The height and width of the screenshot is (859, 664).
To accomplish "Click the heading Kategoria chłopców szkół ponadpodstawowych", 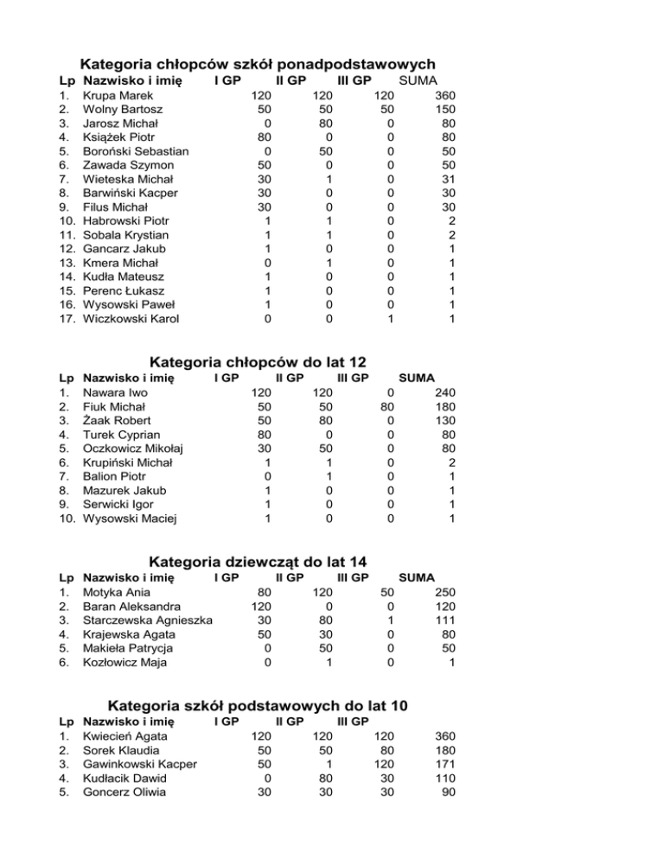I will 257,64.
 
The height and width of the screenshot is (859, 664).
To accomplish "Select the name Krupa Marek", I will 116,96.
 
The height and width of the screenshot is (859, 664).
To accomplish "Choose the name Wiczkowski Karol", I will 131,319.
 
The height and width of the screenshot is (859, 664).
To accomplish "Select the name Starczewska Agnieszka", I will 148,620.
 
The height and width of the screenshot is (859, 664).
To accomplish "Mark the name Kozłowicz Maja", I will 125,663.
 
